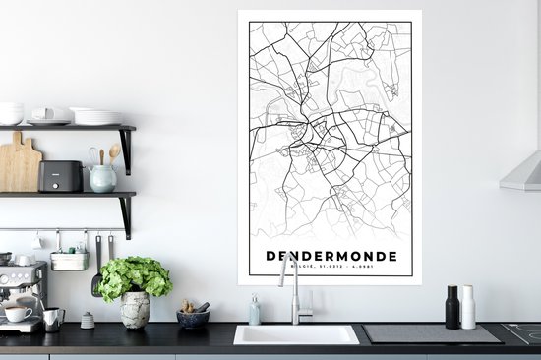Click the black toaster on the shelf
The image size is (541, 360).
pyautogui.click(x=61, y=176)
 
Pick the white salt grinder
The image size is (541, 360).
pyautogui.click(x=468, y=308)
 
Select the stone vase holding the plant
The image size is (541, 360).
pyautogui.click(x=135, y=310)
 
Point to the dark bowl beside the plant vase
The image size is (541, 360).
pyautogui.click(x=193, y=319)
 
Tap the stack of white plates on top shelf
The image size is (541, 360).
pyautogui.click(x=96, y=116)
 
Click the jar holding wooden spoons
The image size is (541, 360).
pyautogui.click(x=102, y=177)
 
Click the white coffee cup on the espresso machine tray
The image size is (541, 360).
pyautogui.click(x=17, y=314)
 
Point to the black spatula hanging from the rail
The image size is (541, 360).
pyautogui.click(x=96, y=270)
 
